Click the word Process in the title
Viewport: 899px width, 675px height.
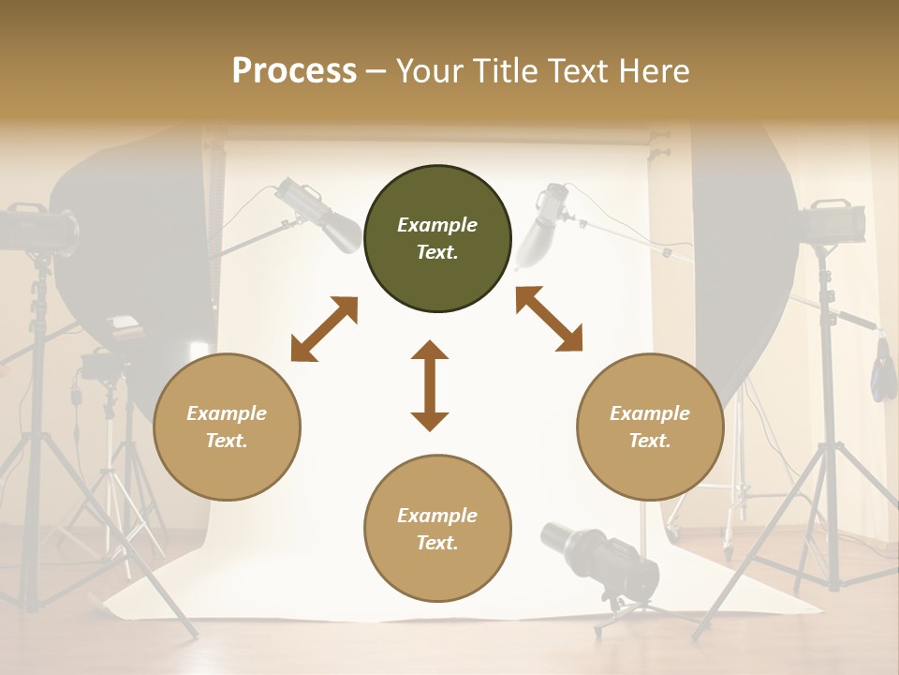click(x=294, y=70)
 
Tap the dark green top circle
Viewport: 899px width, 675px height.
click(x=437, y=238)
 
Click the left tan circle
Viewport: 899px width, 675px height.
click(x=227, y=427)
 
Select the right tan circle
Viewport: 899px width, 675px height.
click(x=650, y=427)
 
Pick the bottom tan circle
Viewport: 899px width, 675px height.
click(x=437, y=529)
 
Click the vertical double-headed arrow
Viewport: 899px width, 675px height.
click(x=430, y=385)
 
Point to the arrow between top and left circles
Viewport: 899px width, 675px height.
click(x=324, y=329)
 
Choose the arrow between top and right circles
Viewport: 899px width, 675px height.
click(x=549, y=320)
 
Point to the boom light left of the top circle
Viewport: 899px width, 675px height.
click(x=318, y=215)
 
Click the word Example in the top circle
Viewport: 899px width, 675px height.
click(x=437, y=225)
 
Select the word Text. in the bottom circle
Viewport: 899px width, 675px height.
click(x=437, y=543)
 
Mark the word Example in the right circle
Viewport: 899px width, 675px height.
click(x=650, y=413)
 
